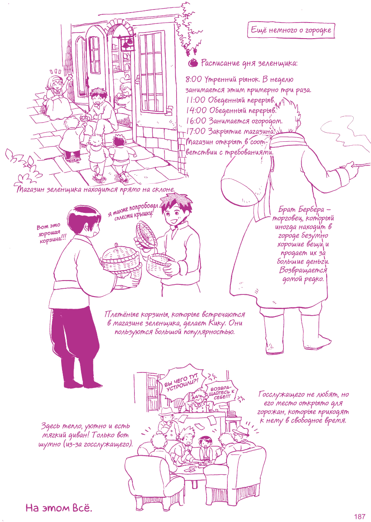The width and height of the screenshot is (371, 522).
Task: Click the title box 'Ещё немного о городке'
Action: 291,30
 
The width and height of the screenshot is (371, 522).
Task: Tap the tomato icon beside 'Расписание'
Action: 193,63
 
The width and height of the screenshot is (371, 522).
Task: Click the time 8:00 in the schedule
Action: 194,79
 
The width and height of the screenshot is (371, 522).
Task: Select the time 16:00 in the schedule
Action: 196,121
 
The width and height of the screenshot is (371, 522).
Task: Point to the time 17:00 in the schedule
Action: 196,131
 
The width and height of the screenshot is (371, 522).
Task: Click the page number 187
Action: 360,515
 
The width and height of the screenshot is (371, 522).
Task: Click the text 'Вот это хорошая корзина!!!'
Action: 51,233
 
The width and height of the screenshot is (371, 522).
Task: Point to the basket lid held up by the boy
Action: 146,234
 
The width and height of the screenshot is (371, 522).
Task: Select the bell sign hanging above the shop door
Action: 128,42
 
